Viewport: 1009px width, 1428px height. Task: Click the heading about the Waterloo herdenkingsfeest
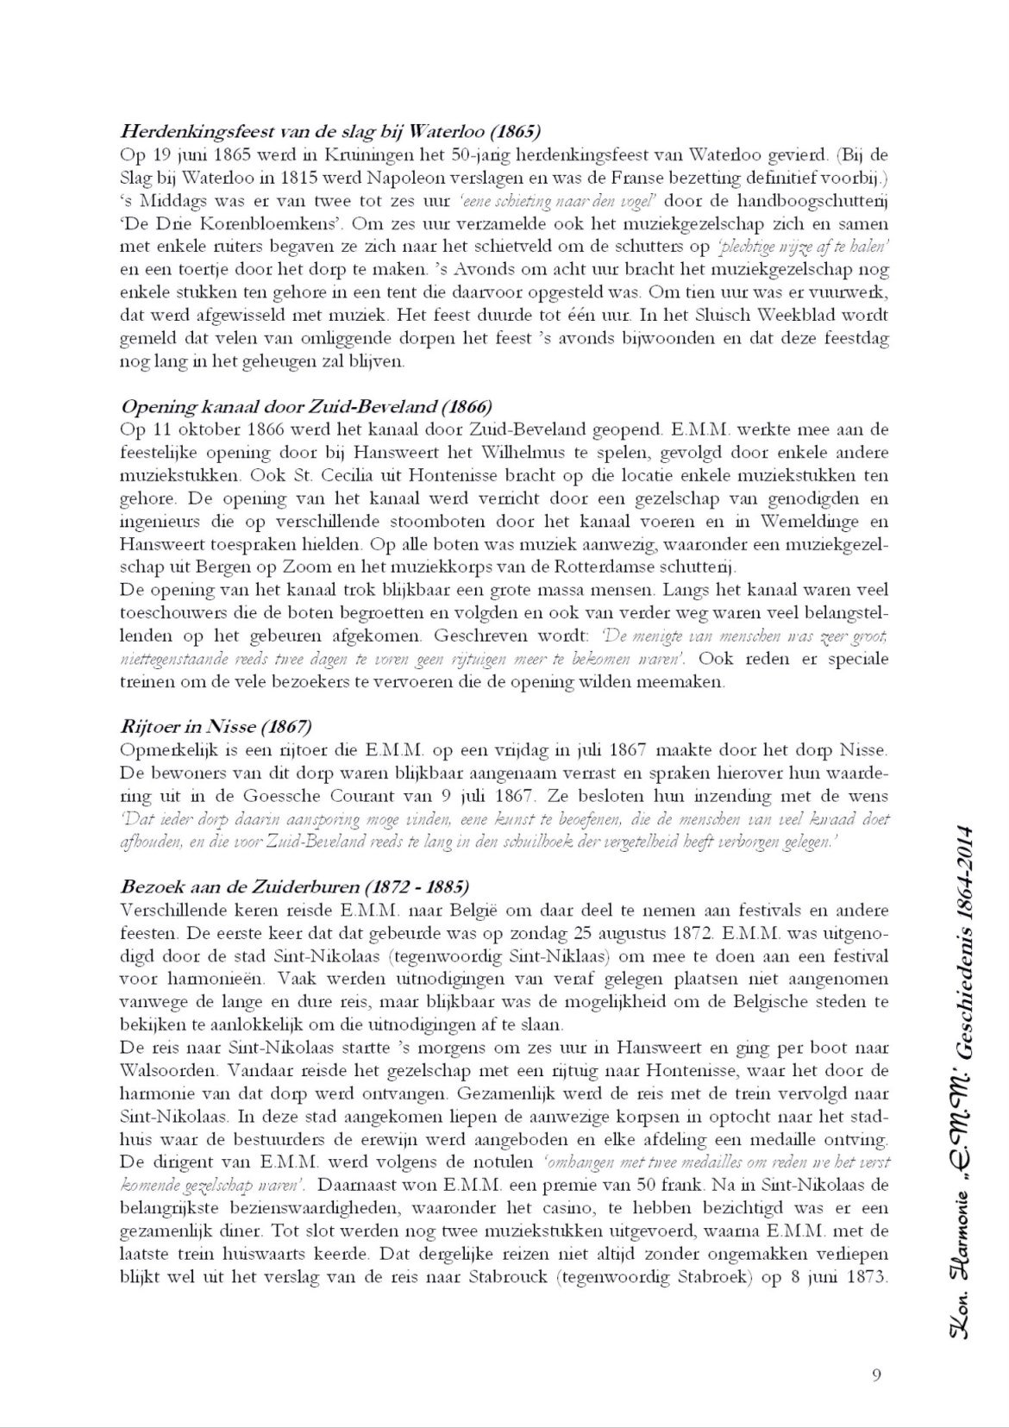coord(330,133)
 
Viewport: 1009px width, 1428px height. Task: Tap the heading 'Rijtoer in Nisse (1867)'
coord(216,725)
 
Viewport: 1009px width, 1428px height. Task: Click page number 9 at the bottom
coord(876,1375)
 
